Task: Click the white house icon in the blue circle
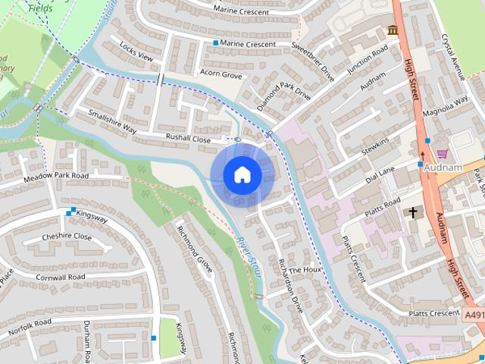pyautogui.click(x=242, y=174)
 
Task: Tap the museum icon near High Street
pyautogui.click(x=393, y=30)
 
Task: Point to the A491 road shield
pyautogui.click(x=474, y=315)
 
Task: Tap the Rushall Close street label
pyautogui.click(x=189, y=140)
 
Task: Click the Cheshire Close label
pyautogui.click(x=67, y=237)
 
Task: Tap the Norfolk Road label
pyautogui.click(x=30, y=326)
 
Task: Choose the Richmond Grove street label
pyautogui.click(x=195, y=249)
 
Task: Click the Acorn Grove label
pyautogui.click(x=221, y=74)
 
